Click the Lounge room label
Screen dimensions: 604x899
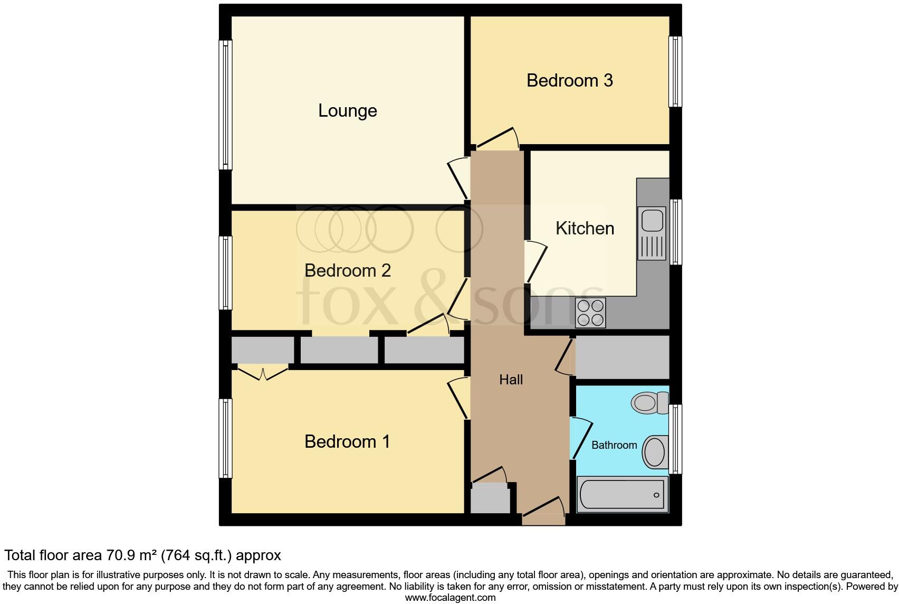(x=348, y=111)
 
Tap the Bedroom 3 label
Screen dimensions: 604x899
(x=570, y=80)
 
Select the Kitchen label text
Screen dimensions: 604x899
(x=585, y=228)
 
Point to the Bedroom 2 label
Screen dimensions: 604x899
(x=348, y=270)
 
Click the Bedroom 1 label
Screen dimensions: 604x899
(x=347, y=441)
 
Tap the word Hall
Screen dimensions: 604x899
(x=511, y=380)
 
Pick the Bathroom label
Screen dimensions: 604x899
(x=614, y=445)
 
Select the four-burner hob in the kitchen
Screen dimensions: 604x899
(x=590, y=313)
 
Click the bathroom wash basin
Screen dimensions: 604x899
(x=656, y=452)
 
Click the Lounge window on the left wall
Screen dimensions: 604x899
(x=225, y=105)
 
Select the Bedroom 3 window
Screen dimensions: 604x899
(x=675, y=72)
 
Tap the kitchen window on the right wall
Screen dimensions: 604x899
(x=675, y=232)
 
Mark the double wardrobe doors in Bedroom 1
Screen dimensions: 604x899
(x=263, y=372)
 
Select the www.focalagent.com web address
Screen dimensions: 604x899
(x=450, y=598)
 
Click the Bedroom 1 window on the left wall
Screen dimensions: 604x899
(x=225, y=438)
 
